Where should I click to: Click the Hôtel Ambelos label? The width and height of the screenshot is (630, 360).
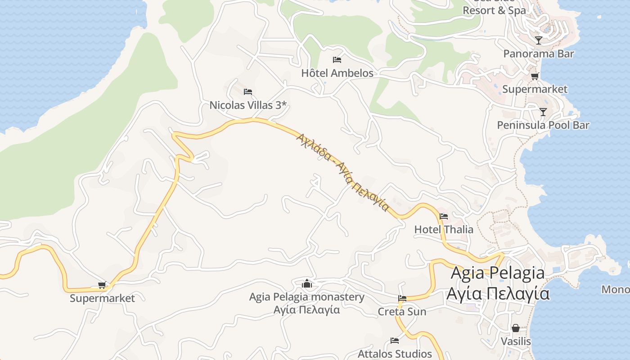tap(337, 73)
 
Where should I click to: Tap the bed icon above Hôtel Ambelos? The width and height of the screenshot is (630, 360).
tap(337, 59)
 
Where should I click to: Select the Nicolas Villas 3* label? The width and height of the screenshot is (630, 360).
tap(248, 105)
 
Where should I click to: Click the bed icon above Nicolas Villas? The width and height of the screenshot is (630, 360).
tap(248, 92)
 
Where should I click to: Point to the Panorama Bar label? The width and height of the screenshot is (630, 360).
tap(539, 54)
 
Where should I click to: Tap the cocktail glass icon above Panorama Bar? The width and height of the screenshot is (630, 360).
tap(539, 40)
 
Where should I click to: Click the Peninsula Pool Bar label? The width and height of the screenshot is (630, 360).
tap(543, 125)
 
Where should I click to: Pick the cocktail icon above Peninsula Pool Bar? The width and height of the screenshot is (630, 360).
tap(543, 112)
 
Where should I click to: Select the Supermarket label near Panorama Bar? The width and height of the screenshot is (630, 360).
tap(535, 89)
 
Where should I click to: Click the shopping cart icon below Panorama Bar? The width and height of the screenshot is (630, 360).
tap(535, 76)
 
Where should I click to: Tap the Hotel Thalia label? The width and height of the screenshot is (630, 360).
tap(444, 229)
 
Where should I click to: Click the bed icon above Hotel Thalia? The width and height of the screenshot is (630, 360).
tap(444, 216)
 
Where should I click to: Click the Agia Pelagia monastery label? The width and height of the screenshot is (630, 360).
tap(307, 297)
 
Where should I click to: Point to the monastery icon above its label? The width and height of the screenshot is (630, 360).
tap(307, 283)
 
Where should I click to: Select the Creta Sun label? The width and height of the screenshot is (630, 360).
tap(402, 311)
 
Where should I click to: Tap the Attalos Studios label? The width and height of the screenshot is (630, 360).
tap(395, 354)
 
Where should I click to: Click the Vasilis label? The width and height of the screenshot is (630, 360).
tap(516, 342)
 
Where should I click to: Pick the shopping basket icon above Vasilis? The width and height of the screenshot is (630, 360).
tap(516, 328)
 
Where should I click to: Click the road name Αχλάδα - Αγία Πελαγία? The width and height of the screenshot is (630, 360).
tap(342, 171)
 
